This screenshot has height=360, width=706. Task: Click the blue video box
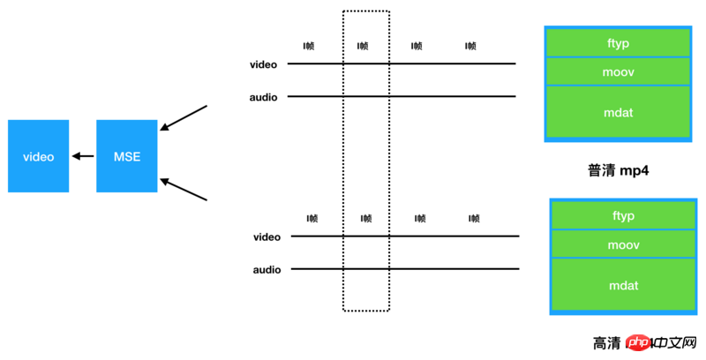tap(38, 156)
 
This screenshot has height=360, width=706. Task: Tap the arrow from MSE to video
tap(83, 156)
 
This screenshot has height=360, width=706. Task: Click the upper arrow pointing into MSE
tap(183, 119)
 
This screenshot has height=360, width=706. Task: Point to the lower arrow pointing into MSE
tap(183, 191)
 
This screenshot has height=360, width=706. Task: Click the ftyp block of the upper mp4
tap(619, 42)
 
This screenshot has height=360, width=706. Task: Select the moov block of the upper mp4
tap(619, 71)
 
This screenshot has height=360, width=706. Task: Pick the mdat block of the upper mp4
tap(619, 111)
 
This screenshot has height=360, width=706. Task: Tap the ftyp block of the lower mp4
tap(623, 215)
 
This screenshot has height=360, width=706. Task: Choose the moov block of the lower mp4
tap(623, 244)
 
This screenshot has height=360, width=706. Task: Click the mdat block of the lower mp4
tap(623, 285)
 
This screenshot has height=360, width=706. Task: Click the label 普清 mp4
tap(618, 169)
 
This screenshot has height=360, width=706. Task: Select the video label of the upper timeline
tap(265, 64)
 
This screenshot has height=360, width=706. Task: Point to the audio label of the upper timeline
tap(265, 97)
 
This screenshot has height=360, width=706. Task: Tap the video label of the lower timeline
tap(267, 237)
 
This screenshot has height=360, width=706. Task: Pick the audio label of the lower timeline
tap(267, 270)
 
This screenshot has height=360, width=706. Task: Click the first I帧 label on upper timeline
tap(308, 46)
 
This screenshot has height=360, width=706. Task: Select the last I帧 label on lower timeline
tap(474, 218)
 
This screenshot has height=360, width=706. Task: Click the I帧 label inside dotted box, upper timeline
tap(363, 46)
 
